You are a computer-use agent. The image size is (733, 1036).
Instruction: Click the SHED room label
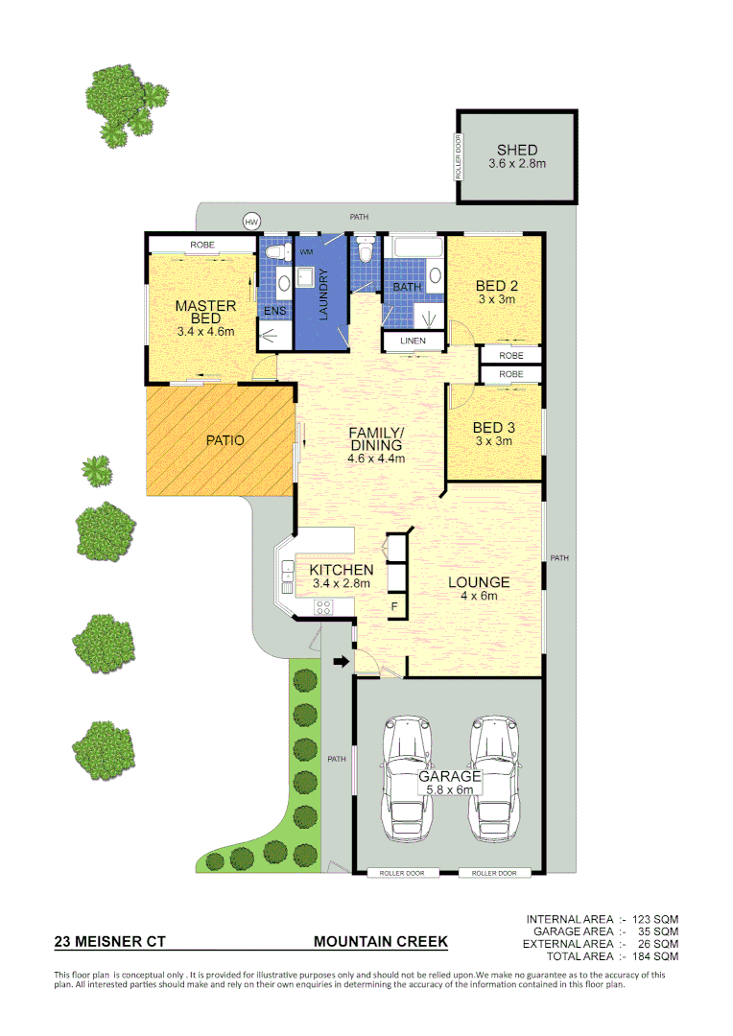pyautogui.click(x=516, y=150)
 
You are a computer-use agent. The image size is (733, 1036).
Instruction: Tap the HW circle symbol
pyautogui.click(x=251, y=222)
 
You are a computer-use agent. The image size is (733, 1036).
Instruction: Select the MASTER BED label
pyautogui.click(x=205, y=312)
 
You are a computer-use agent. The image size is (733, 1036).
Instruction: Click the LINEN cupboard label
pyautogui.click(x=414, y=341)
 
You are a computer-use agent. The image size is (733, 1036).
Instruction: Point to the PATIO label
pyautogui.click(x=225, y=440)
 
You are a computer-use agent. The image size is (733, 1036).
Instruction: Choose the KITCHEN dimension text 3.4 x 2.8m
pyautogui.click(x=341, y=583)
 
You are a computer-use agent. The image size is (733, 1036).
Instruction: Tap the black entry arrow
pyautogui.click(x=340, y=661)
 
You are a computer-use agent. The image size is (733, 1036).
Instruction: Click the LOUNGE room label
pyautogui.click(x=479, y=582)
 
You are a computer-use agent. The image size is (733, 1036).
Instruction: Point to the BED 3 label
pyautogui.click(x=494, y=428)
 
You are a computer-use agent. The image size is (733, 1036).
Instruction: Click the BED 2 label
pyautogui.click(x=497, y=285)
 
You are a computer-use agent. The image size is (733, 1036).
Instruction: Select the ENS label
pyautogui.click(x=274, y=312)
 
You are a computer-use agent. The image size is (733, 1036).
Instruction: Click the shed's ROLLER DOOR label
pyautogui.click(x=459, y=156)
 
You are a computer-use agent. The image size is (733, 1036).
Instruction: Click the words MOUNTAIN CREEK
pyautogui.click(x=381, y=942)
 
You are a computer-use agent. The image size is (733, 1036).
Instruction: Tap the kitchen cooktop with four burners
pyautogui.click(x=323, y=605)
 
